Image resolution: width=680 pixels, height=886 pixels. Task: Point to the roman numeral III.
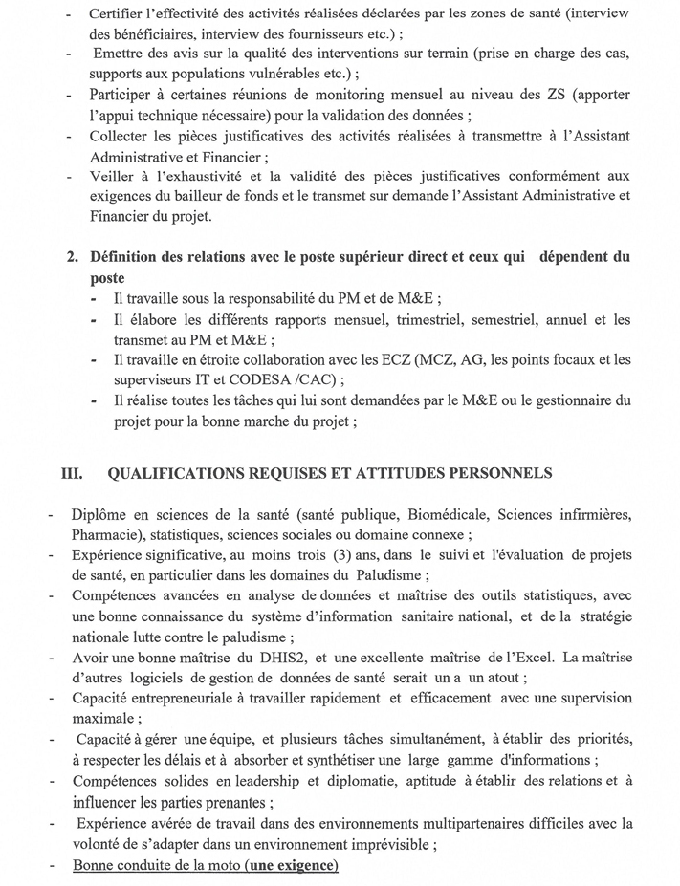pos(74,472)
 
